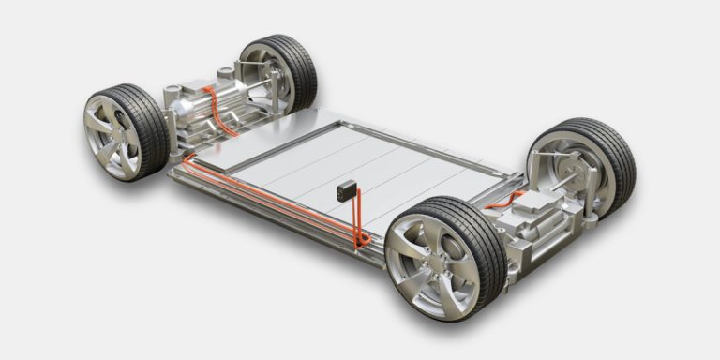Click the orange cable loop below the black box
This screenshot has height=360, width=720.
(x=358, y=231)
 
